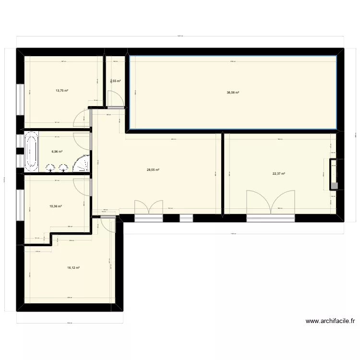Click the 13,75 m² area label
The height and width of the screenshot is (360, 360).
tap(61, 91)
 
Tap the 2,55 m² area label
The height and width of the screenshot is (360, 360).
tap(115, 81)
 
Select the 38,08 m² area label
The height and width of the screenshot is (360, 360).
tap(233, 93)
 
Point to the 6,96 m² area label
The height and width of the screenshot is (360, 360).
tap(57, 152)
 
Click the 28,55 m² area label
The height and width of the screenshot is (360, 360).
tap(153, 169)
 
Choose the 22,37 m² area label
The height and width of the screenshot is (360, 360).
tap(279, 174)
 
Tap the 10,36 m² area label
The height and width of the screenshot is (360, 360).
tap(56, 206)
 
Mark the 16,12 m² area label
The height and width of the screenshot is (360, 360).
tap(73, 268)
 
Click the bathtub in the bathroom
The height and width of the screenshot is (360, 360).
tap(32, 152)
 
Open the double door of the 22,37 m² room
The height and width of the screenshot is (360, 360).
tap(270, 204)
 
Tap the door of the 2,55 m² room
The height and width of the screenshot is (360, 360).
tap(116, 99)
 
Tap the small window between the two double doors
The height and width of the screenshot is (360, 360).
tap(186, 218)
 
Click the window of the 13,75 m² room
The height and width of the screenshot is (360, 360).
tap(20, 100)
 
